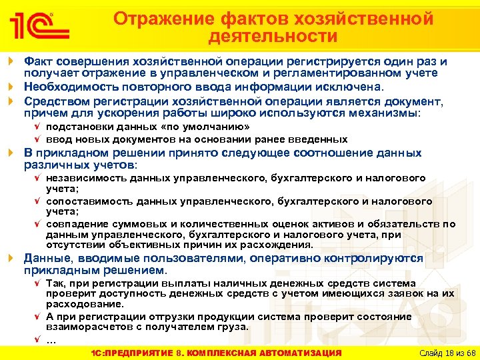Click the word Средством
coord(53,101)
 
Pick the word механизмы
coord(385,113)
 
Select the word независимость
coord(83,178)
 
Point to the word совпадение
coord(74,223)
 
